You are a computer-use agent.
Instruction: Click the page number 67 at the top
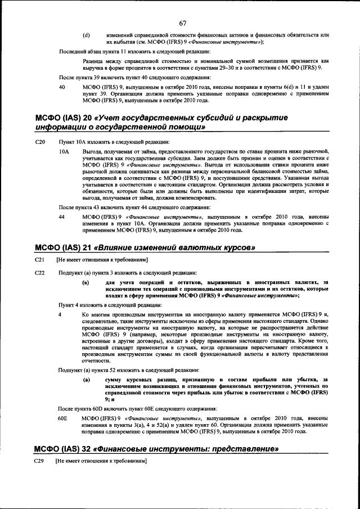(x=183, y=23)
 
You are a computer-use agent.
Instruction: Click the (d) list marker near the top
(x=86, y=35)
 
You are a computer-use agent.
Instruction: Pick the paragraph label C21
(x=39, y=260)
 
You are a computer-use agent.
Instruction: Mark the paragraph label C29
(x=39, y=461)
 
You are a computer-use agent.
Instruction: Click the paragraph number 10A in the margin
(x=64, y=152)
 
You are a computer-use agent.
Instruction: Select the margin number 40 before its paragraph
(x=62, y=87)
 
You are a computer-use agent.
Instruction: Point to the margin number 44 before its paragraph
(x=62, y=217)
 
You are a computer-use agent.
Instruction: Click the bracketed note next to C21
(x=101, y=260)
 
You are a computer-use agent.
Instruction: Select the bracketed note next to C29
(x=101, y=461)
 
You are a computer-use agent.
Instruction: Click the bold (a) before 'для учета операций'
(x=86, y=282)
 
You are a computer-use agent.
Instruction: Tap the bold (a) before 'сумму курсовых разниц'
(x=86, y=380)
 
